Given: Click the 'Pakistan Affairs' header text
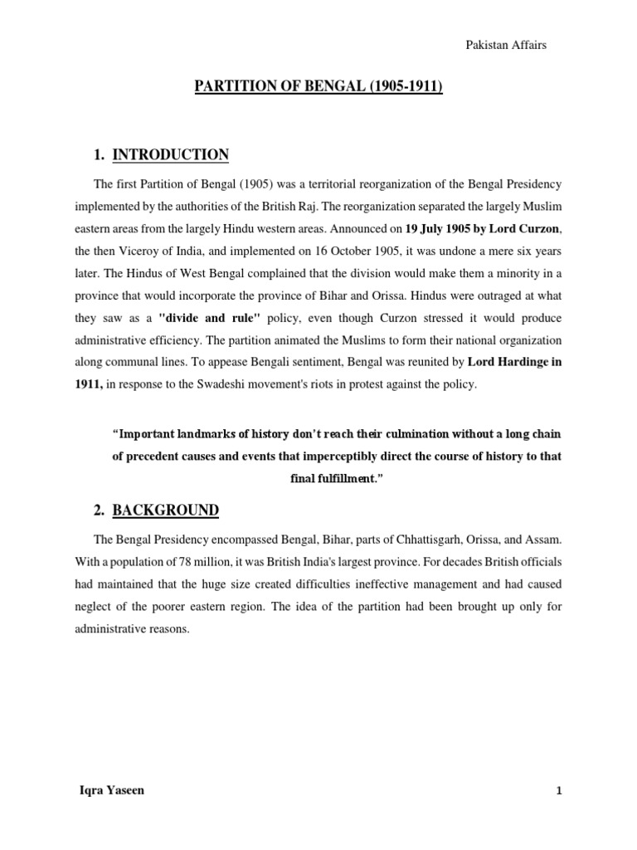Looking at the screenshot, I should (x=507, y=46).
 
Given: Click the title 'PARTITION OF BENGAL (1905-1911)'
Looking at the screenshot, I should (x=318, y=86).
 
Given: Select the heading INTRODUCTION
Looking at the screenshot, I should (x=170, y=155).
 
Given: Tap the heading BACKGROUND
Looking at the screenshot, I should (x=166, y=510).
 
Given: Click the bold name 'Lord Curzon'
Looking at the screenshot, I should (x=517, y=227).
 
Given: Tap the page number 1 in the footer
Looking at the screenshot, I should (x=559, y=792).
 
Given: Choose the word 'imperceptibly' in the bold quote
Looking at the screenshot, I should (x=364, y=457).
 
